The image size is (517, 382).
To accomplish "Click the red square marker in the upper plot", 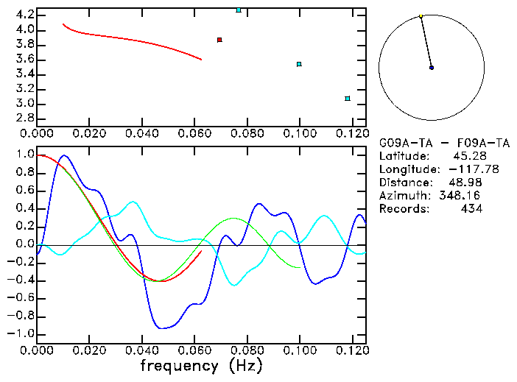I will (219, 40).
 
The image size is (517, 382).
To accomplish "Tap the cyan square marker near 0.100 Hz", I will (299, 64).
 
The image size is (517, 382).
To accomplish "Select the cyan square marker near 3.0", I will (348, 99).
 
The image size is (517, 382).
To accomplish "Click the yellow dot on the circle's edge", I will (421, 15).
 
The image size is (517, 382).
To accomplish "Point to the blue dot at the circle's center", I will (432, 68).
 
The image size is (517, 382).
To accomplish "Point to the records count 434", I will (471, 209).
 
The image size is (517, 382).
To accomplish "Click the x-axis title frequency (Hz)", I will (203, 365).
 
